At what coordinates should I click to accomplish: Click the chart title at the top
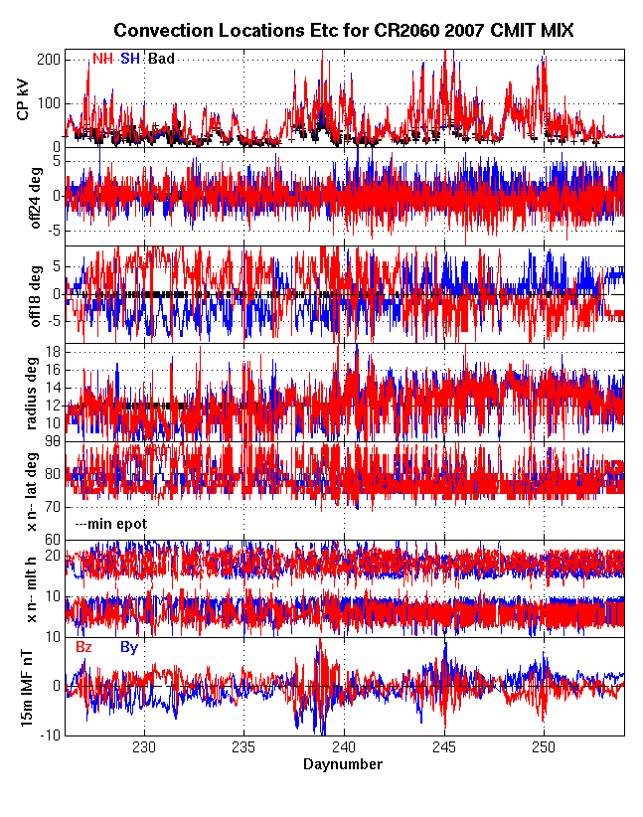click(344, 32)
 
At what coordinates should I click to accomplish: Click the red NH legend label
click(102, 59)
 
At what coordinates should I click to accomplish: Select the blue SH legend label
click(129, 59)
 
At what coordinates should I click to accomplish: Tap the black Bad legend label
click(161, 59)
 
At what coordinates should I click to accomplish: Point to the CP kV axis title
click(23, 98)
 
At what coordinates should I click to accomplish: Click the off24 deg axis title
click(23, 196)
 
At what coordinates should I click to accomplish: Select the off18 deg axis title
click(23, 293)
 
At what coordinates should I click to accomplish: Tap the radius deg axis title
click(23, 392)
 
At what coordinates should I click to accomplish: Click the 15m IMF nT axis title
click(23, 686)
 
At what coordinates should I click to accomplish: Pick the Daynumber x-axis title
click(343, 764)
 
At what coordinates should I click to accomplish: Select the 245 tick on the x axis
click(444, 747)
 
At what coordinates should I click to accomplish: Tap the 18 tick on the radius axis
click(53, 352)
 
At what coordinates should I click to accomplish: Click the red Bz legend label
click(84, 647)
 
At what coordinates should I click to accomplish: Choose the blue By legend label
click(129, 647)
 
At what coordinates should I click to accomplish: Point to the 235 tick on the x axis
click(244, 747)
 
